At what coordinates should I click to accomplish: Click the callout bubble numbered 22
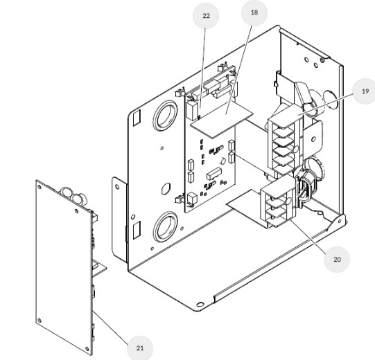click(x=206, y=16)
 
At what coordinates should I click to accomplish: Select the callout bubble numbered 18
click(x=254, y=12)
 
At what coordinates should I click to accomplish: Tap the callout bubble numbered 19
click(x=365, y=91)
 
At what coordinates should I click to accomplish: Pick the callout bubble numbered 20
click(x=337, y=260)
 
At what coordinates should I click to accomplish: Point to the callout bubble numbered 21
click(x=140, y=348)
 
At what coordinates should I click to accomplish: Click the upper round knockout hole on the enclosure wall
click(x=166, y=116)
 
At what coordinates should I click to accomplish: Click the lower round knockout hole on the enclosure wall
click(x=166, y=227)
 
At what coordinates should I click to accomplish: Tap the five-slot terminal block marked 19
click(x=284, y=143)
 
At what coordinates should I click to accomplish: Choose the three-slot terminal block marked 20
click(x=277, y=203)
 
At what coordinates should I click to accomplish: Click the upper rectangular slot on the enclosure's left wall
click(x=137, y=118)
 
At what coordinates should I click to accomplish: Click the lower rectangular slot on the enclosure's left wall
click(x=137, y=230)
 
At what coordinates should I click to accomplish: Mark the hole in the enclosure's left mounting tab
click(x=117, y=186)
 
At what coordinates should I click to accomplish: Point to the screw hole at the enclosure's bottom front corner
click(x=200, y=304)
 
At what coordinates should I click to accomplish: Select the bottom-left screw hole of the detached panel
click(x=40, y=321)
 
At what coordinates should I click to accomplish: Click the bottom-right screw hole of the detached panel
click(x=87, y=349)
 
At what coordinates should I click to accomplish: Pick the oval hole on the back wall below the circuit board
click(x=166, y=189)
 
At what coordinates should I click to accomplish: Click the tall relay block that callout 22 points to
click(x=192, y=111)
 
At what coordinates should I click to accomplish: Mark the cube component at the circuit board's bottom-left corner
click(x=192, y=199)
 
